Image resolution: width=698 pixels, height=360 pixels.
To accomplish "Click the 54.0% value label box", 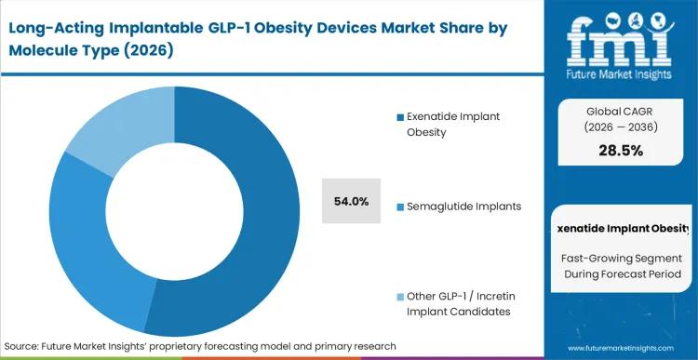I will [x=351, y=201].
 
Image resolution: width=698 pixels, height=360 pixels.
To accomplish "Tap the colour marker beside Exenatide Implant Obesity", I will [x=400, y=116].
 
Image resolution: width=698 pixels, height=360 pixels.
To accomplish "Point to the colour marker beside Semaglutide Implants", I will [x=400, y=206].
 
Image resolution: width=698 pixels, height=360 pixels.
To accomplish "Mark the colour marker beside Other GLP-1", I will [x=400, y=296].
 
